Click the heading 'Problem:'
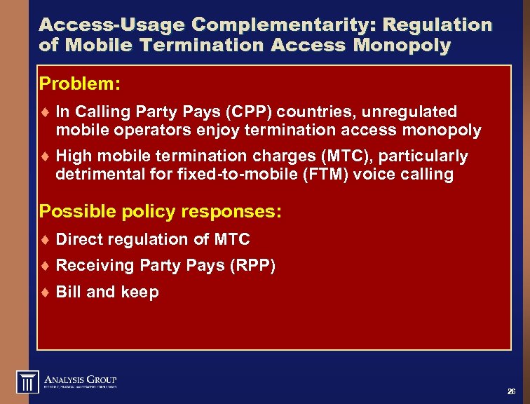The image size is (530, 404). (x=80, y=84)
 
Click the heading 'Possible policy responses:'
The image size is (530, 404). (x=161, y=211)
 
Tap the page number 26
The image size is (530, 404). (x=511, y=391)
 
